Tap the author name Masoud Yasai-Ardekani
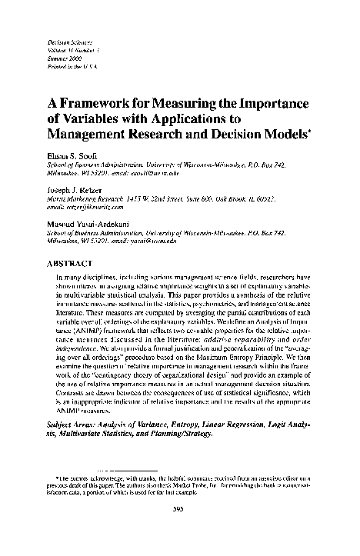tap(88, 222)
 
